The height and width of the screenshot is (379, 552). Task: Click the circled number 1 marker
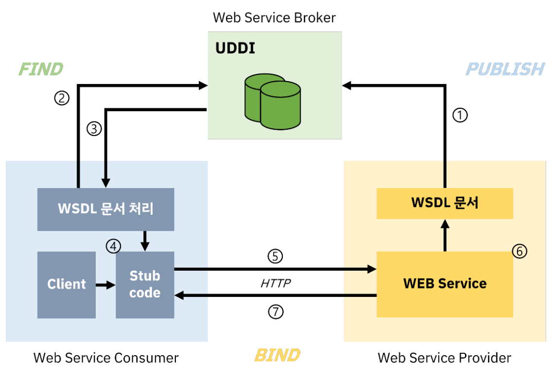(x=460, y=115)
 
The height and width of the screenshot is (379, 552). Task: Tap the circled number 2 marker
(x=62, y=99)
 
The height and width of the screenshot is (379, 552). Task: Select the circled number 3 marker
(x=94, y=129)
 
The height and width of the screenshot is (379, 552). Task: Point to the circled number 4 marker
(x=113, y=246)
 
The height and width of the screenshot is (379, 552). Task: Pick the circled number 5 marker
(x=275, y=257)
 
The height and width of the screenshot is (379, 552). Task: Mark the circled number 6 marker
(x=519, y=251)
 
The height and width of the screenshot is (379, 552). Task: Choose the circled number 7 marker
(x=275, y=312)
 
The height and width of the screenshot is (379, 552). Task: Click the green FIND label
(x=41, y=69)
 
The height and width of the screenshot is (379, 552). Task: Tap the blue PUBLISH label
(x=505, y=69)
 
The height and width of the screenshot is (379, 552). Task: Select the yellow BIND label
(x=277, y=355)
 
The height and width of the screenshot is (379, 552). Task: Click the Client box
(x=67, y=284)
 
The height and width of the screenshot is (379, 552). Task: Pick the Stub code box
(x=145, y=285)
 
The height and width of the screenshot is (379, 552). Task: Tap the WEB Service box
(x=445, y=284)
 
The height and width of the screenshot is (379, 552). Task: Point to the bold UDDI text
(x=235, y=49)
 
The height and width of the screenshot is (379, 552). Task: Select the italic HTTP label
(x=276, y=283)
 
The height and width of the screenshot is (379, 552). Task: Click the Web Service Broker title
(x=275, y=18)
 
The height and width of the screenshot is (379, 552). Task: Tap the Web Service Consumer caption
(x=106, y=358)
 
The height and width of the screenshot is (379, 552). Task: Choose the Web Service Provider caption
(x=444, y=358)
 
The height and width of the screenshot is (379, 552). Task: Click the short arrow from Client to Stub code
(x=105, y=285)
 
